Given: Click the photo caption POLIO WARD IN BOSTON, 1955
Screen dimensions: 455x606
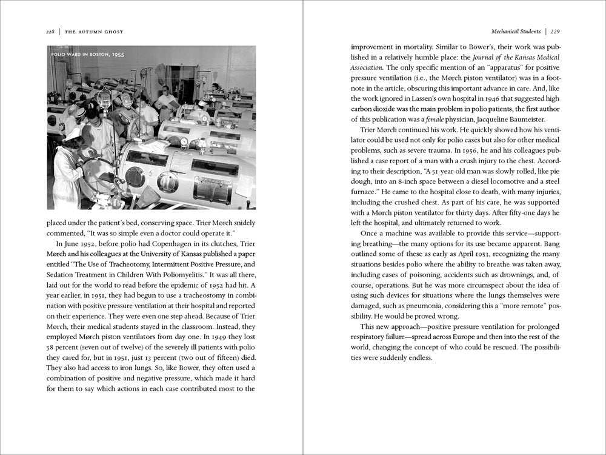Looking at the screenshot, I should pyautogui.click(x=88, y=55).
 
